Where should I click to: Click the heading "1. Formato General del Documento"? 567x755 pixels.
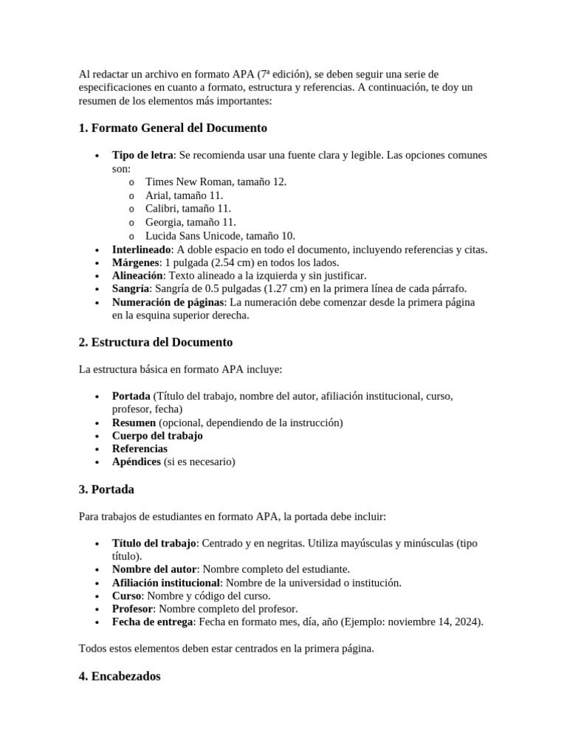[x=173, y=128]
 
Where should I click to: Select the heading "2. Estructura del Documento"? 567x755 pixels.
[x=155, y=342]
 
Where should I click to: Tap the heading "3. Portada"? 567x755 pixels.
[x=106, y=490]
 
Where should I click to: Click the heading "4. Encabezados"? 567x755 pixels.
[x=119, y=676]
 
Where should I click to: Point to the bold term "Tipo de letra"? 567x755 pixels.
[x=143, y=156]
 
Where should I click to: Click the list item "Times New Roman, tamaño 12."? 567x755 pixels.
[x=216, y=181]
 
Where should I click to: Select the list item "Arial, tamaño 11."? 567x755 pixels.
[x=184, y=195]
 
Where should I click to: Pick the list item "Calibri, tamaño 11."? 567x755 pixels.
[x=188, y=209]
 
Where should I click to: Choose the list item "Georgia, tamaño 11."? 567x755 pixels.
[x=190, y=222]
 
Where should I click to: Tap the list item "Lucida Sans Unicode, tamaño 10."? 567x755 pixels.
[x=220, y=236]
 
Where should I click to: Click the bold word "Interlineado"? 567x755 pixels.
[x=141, y=250]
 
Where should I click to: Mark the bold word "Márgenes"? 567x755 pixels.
[x=135, y=263]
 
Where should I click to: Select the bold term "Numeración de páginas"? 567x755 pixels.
[x=168, y=302]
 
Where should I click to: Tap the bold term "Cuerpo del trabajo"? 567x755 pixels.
[x=157, y=436]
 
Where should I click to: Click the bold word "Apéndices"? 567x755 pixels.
[x=137, y=462]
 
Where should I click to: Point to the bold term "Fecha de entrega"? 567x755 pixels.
[x=152, y=622]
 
